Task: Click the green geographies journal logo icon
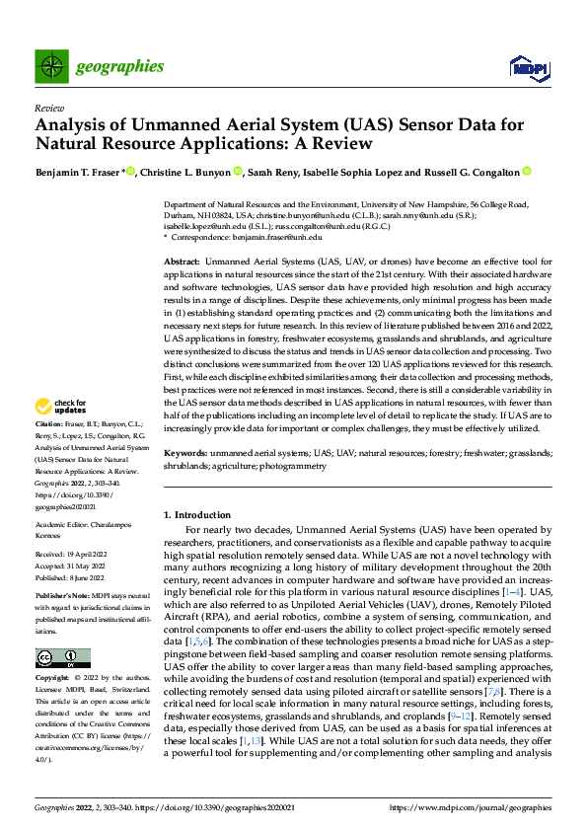[x=50, y=66]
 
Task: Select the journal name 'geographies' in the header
[x=119, y=67]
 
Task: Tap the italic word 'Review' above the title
[x=48, y=109]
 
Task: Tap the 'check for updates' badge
[x=61, y=433]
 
